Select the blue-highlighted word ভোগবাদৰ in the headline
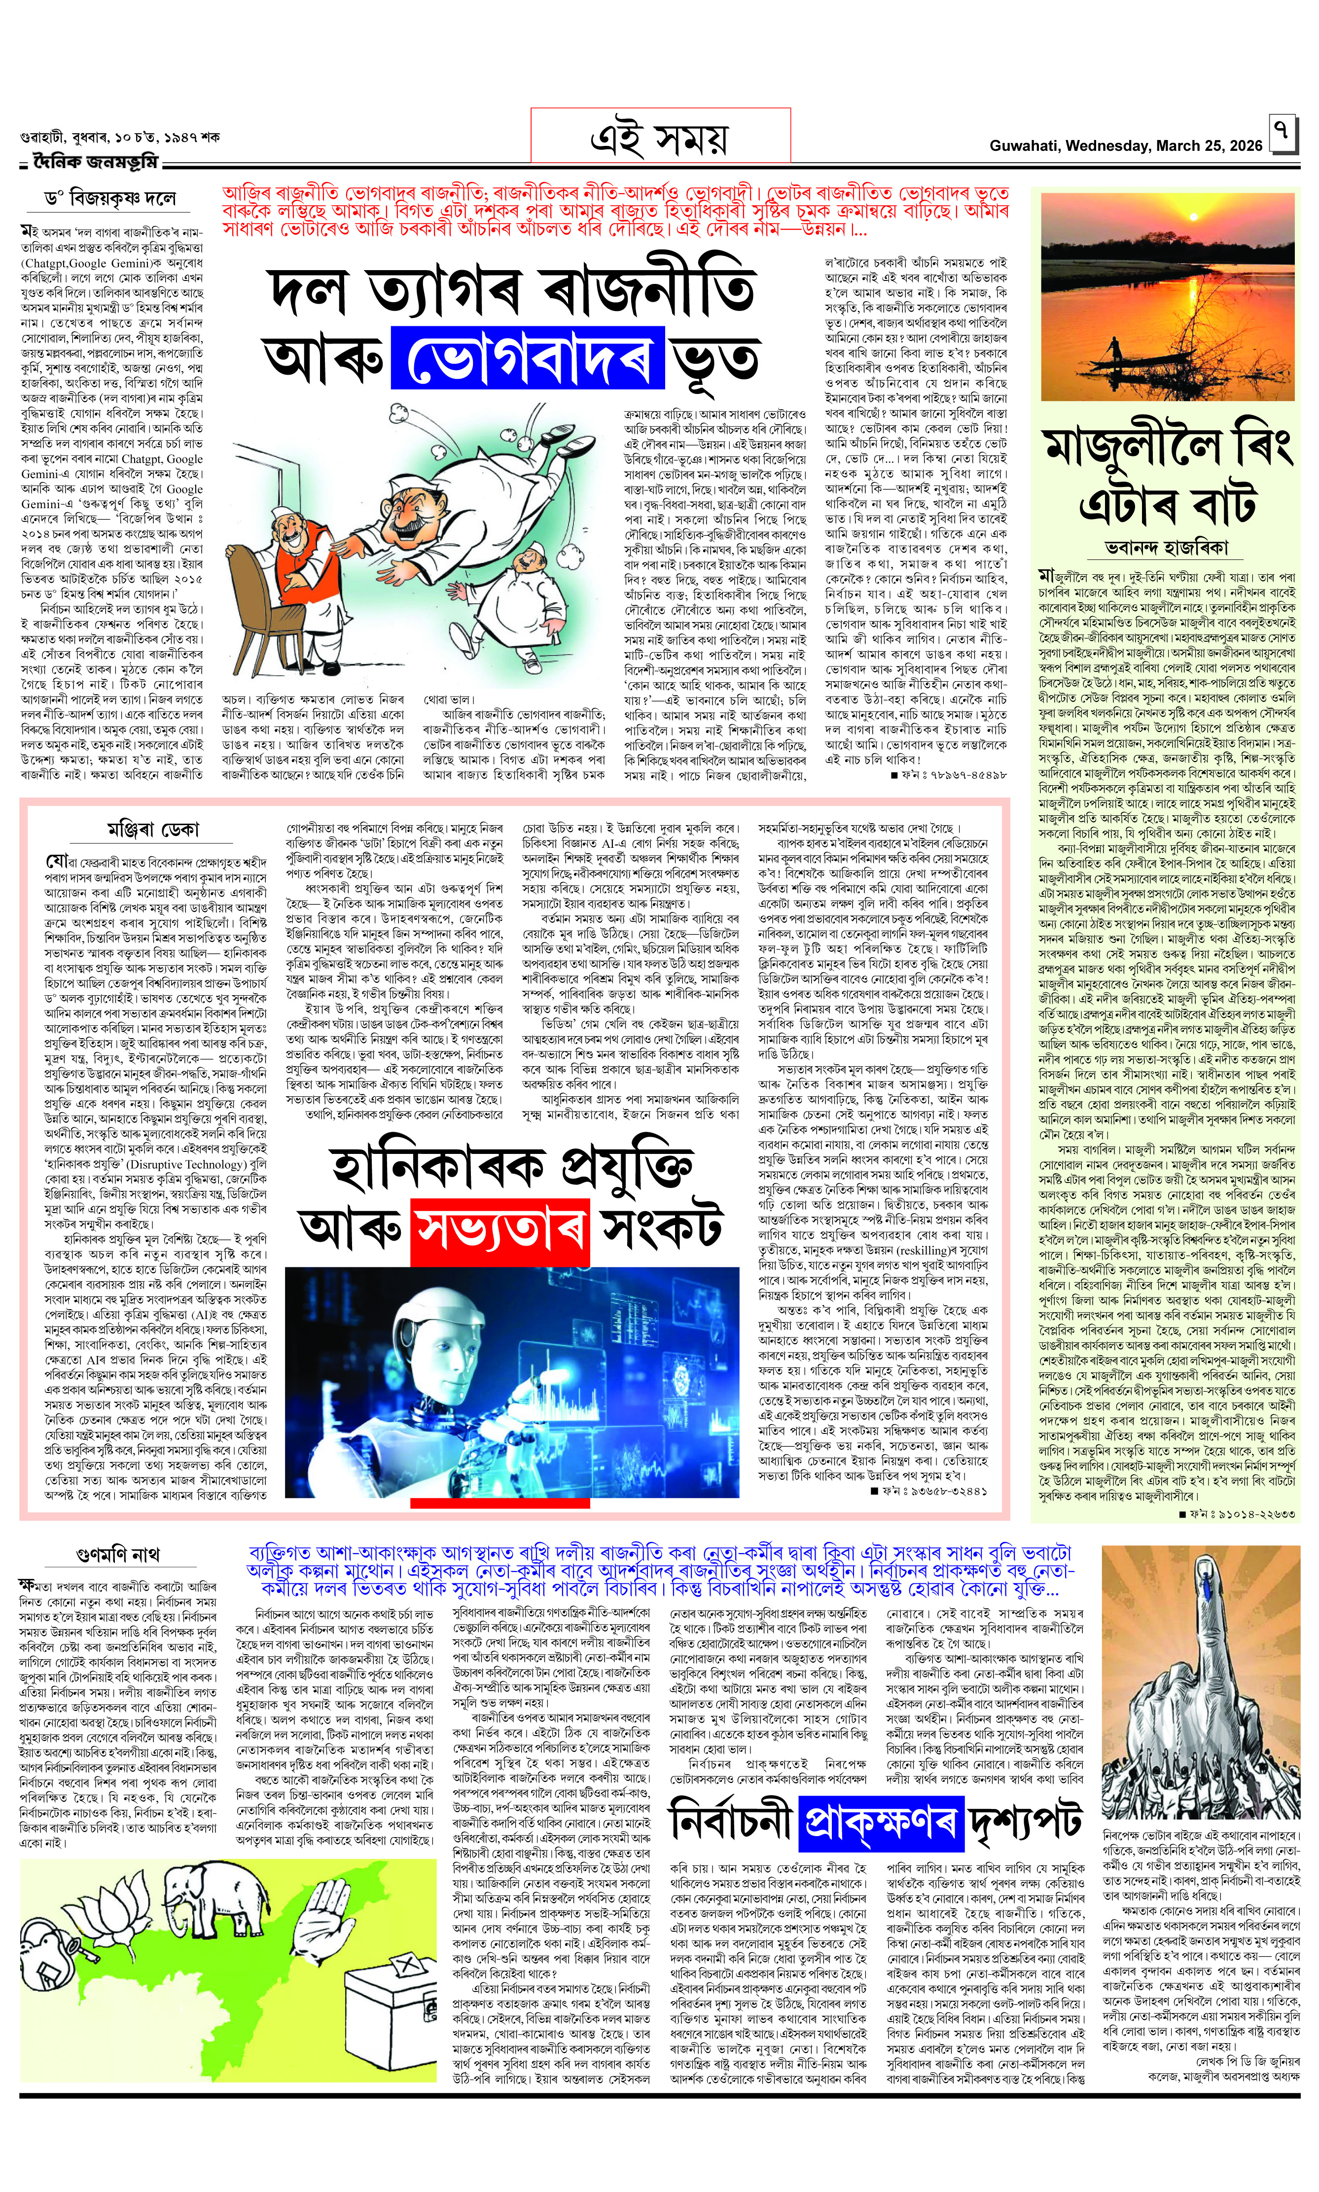coord(528,358)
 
